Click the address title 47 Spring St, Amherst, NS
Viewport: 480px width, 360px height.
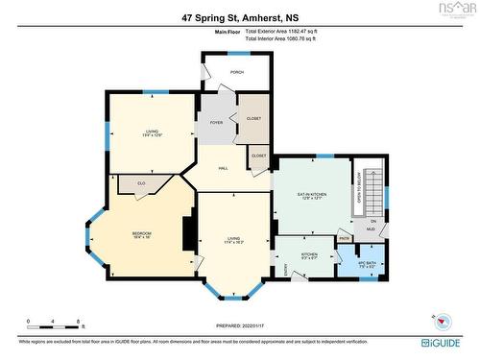(240, 16)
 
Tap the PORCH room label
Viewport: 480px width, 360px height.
(235, 72)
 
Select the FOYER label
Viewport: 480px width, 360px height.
(216, 123)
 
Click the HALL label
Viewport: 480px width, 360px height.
(222, 168)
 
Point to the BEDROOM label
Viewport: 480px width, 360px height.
(141, 233)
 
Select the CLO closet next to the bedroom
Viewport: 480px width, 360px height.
(140, 181)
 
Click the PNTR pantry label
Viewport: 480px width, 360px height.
(345, 237)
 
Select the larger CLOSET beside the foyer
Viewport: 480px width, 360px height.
(252, 118)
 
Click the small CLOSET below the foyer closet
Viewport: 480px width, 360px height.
(258, 155)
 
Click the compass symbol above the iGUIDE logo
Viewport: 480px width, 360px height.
(442, 322)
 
